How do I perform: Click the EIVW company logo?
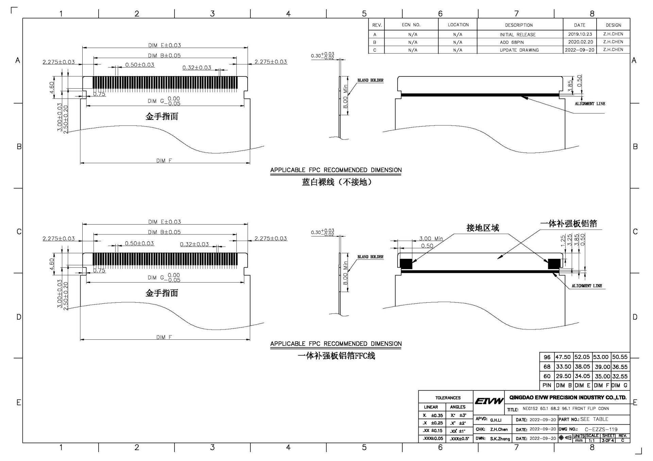coord(489,401)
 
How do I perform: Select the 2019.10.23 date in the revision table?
coord(580,34)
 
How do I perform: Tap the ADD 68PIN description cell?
coord(512,42)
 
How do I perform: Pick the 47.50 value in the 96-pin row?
coord(563,357)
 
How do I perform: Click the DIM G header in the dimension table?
coord(620,385)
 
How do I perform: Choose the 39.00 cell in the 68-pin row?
coord(602,367)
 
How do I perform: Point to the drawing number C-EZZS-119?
coord(601,429)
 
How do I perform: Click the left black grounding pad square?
coord(406,264)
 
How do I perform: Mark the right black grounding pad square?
coord(554,264)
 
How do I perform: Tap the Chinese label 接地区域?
coord(483,228)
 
